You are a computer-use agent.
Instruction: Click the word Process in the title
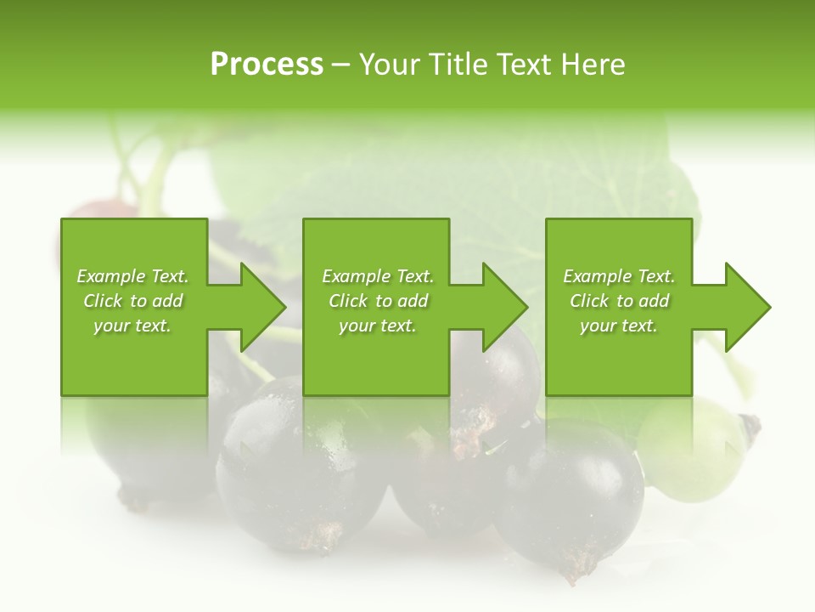(x=267, y=65)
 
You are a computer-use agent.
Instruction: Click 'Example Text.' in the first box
(x=132, y=276)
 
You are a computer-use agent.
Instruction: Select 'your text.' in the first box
(x=132, y=326)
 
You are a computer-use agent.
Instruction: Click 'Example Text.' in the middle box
(x=378, y=276)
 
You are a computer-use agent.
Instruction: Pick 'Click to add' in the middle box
(x=378, y=301)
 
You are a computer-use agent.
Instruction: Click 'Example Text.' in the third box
(x=619, y=276)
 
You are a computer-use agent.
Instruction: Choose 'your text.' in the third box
(x=619, y=326)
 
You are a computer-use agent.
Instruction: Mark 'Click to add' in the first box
(x=132, y=301)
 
